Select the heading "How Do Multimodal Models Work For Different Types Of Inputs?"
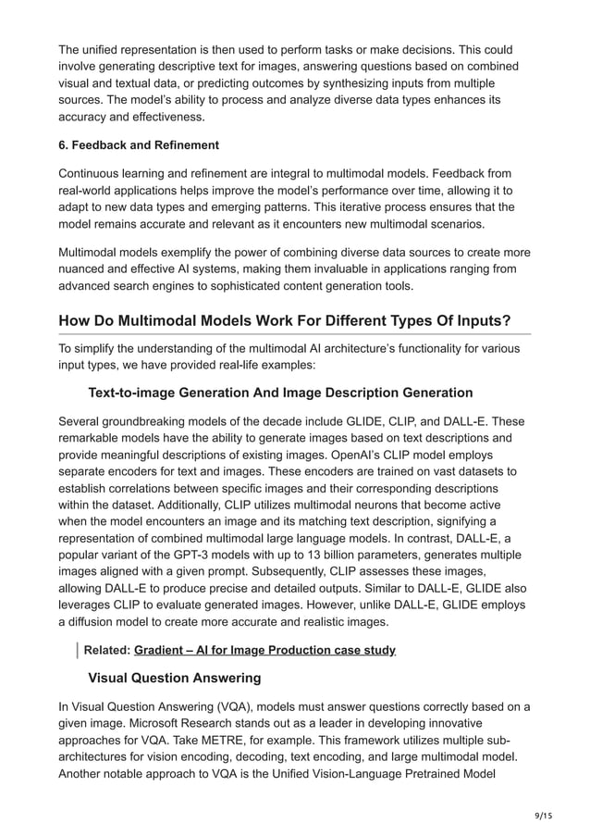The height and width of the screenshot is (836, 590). (x=285, y=320)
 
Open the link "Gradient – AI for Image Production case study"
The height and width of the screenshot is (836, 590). (x=264, y=650)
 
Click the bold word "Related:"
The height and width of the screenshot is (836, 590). (x=106, y=650)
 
